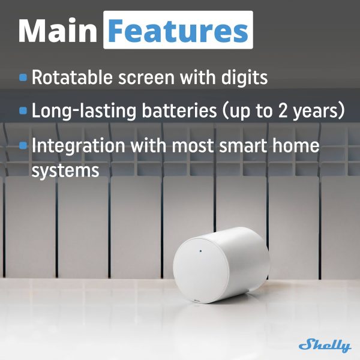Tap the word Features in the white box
pyautogui.click(x=178, y=30)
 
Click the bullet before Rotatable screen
pyautogui.click(x=23, y=77)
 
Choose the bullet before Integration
pyautogui.click(x=23, y=146)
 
